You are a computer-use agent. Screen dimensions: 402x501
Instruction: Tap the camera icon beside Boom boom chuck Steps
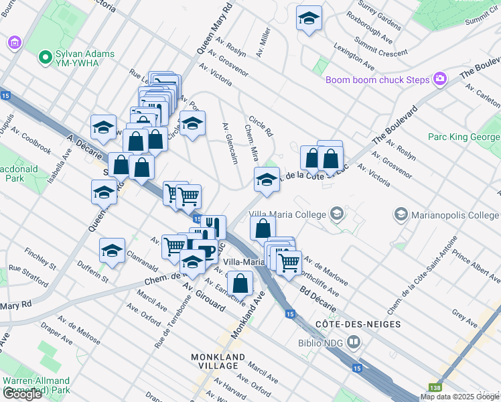click(440, 80)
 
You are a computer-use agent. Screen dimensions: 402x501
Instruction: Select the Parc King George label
click(463, 137)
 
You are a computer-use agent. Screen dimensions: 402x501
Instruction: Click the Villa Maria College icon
click(337, 214)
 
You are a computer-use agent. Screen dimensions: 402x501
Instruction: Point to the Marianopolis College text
click(455, 215)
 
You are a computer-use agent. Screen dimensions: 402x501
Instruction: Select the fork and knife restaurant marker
click(213, 226)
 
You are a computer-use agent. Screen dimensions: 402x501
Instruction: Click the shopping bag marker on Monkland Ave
click(240, 283)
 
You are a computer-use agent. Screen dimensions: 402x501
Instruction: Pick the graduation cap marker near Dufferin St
click(112, 251)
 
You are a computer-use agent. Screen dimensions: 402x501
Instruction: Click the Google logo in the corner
click(22, 394)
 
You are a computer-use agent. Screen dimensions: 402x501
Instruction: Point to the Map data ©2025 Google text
click(459, 397)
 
